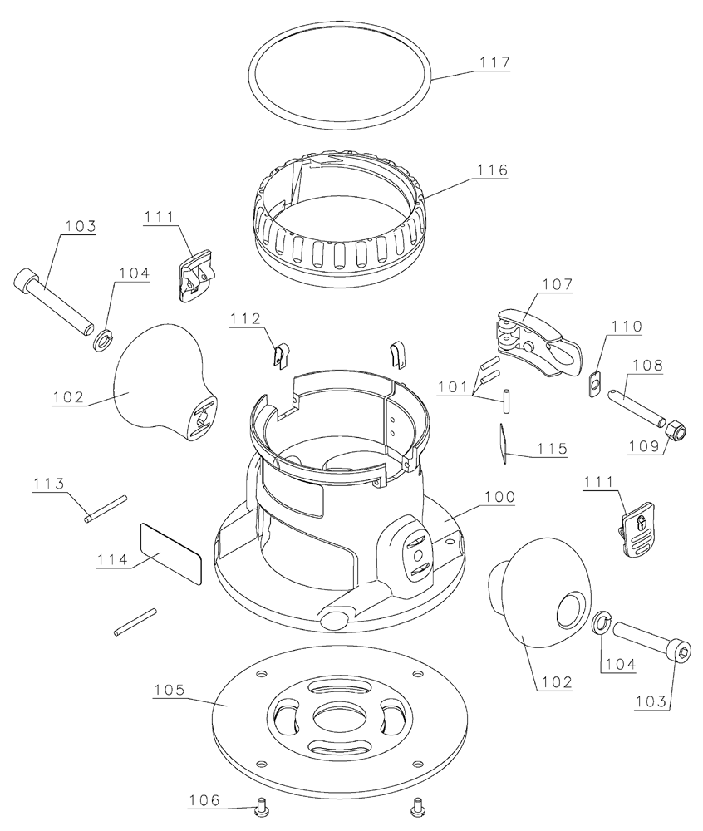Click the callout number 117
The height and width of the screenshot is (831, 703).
click(494, 62)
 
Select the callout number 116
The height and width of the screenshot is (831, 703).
click(492, 170)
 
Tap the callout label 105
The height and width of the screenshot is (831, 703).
click(169, 690)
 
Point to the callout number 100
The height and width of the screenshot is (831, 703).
click(499, 497)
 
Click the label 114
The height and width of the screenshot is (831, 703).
click(112, 559)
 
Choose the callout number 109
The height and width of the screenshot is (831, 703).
click(644, 446)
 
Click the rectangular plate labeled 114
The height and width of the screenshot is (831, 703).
click(170, 553)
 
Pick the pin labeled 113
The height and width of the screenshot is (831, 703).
click(106, 509)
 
